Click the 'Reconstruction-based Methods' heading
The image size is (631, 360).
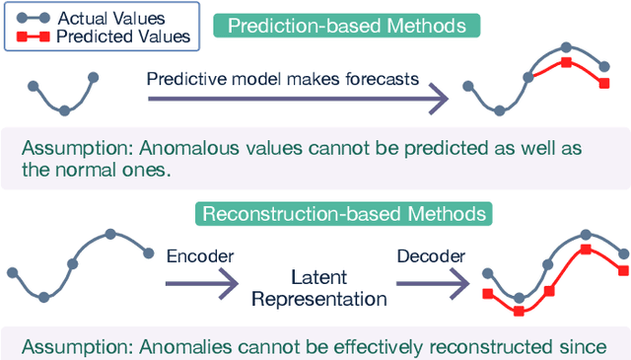(x=343, y=213)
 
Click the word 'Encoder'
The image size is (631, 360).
(x=200, y=256)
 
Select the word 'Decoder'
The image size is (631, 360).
(x=429, y=256)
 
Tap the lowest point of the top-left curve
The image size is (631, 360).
(x=64, y=109)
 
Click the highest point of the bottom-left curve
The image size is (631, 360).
(x=110, y=234)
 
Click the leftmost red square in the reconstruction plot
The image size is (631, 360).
(x=487, y=294)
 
